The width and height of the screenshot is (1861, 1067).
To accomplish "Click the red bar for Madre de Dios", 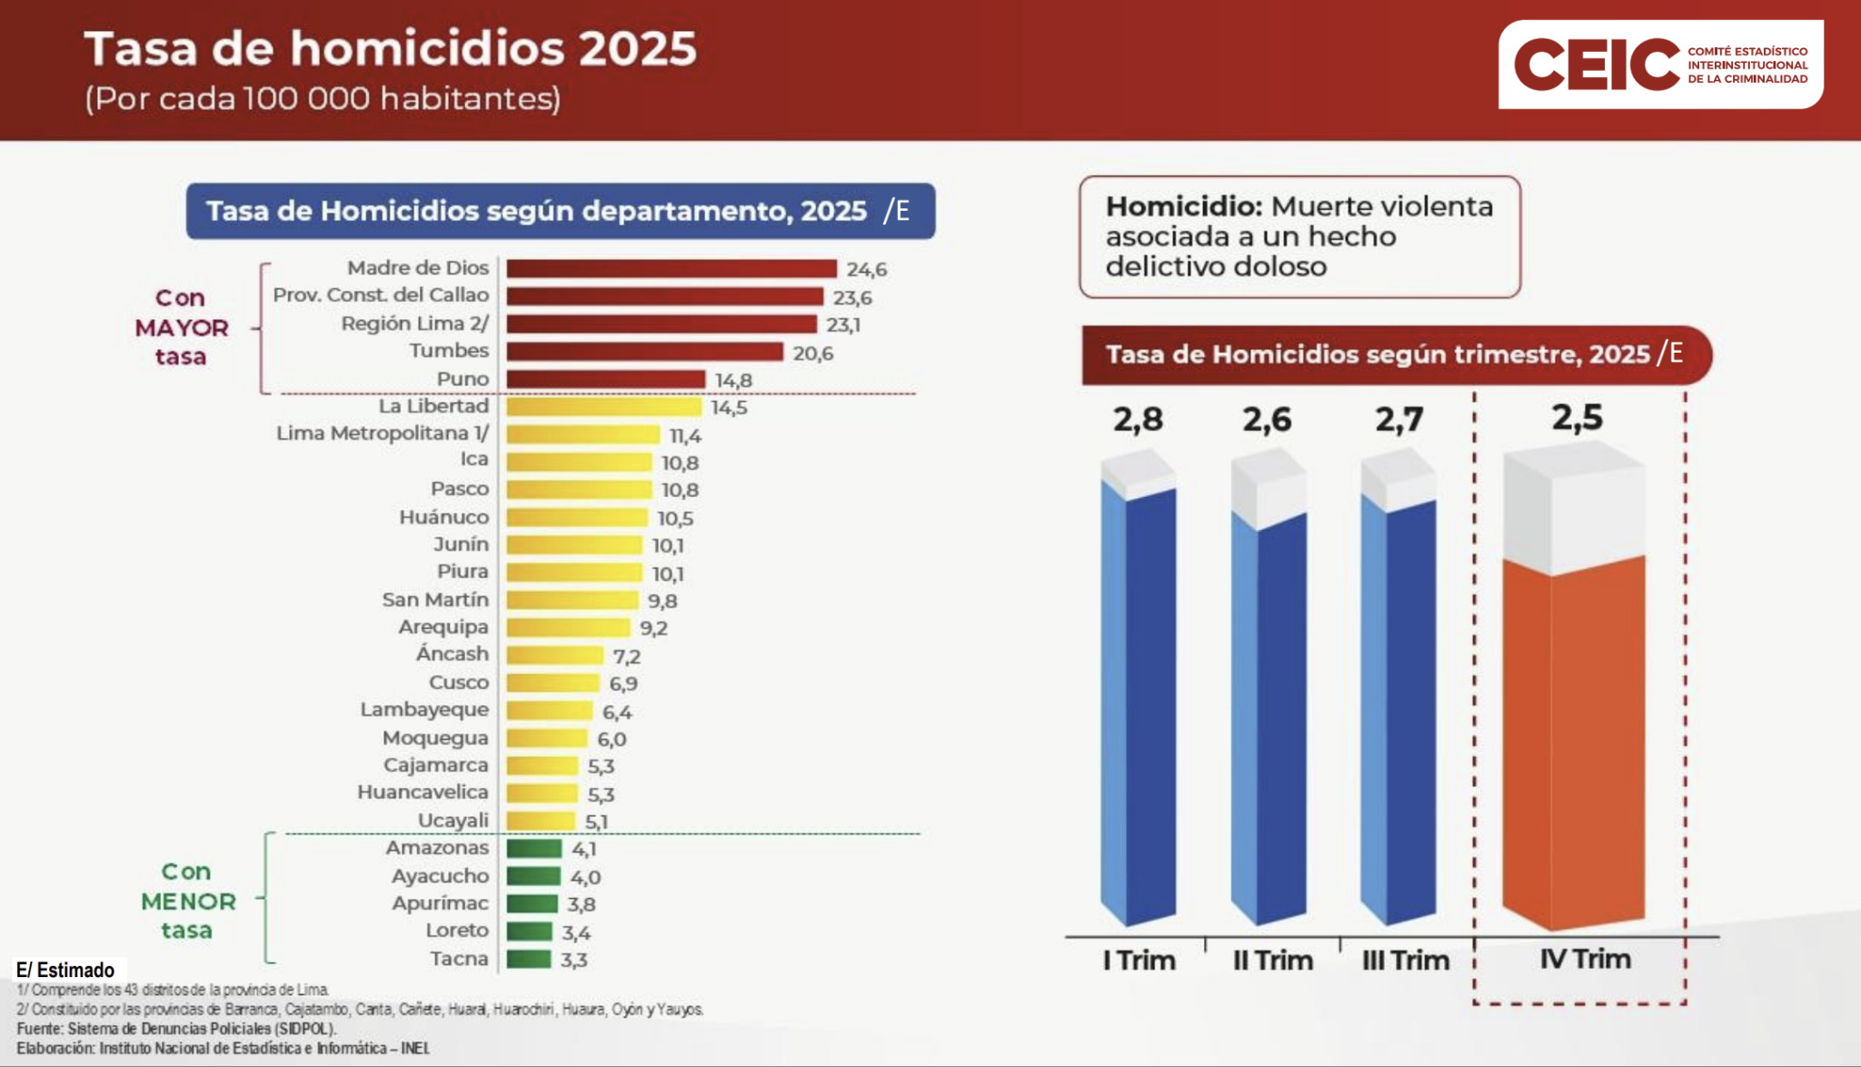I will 671,269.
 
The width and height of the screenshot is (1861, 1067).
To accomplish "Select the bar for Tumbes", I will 644,352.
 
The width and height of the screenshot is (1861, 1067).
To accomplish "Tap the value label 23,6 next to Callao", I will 851,298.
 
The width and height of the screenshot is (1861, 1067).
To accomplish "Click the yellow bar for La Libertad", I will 603,407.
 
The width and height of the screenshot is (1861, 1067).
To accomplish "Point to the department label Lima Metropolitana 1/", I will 382,434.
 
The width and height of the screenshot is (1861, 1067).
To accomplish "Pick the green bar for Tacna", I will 529,959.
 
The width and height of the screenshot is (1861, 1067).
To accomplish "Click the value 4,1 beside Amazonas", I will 583,849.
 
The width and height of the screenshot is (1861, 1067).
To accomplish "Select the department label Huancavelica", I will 422,793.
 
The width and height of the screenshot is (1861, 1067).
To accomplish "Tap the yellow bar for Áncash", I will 554,655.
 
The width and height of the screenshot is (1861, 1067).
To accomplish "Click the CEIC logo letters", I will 1596,65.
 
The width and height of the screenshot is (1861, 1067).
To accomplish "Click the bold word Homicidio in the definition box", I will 1183,207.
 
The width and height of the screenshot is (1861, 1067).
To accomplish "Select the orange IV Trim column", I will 1573,736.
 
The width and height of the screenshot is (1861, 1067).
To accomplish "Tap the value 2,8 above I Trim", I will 1138,420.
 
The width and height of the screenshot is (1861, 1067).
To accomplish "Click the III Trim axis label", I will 1405,961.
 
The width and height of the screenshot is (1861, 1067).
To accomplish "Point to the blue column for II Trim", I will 1269,718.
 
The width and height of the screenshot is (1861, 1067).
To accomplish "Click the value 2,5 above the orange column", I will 1577,418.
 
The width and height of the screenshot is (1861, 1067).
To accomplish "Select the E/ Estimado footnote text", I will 65,970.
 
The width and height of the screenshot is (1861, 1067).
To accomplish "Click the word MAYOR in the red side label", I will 182,328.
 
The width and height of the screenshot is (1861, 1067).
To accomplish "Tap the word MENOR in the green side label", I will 188,902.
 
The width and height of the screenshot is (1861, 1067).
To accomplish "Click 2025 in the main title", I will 637,49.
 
